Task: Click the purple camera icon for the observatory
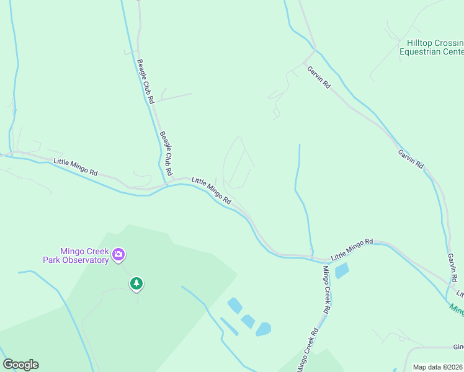point(118,254)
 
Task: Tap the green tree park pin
point(136,283)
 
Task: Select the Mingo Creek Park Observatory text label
point(76,255)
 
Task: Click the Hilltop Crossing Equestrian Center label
point(435,47)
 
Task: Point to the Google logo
point(20,365)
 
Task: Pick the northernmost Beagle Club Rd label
point(145,81)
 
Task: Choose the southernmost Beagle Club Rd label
point(166,153)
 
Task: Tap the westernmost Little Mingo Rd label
point(76,166)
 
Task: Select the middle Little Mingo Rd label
point(212,191)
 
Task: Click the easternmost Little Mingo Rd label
point(352,249)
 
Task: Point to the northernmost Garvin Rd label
point(319,77)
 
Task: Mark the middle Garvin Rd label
point(411,158)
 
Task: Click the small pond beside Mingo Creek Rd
point(341,271)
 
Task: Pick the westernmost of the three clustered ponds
point(234,305)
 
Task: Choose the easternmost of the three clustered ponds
point(264,329)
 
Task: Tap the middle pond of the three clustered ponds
point(248,321)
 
